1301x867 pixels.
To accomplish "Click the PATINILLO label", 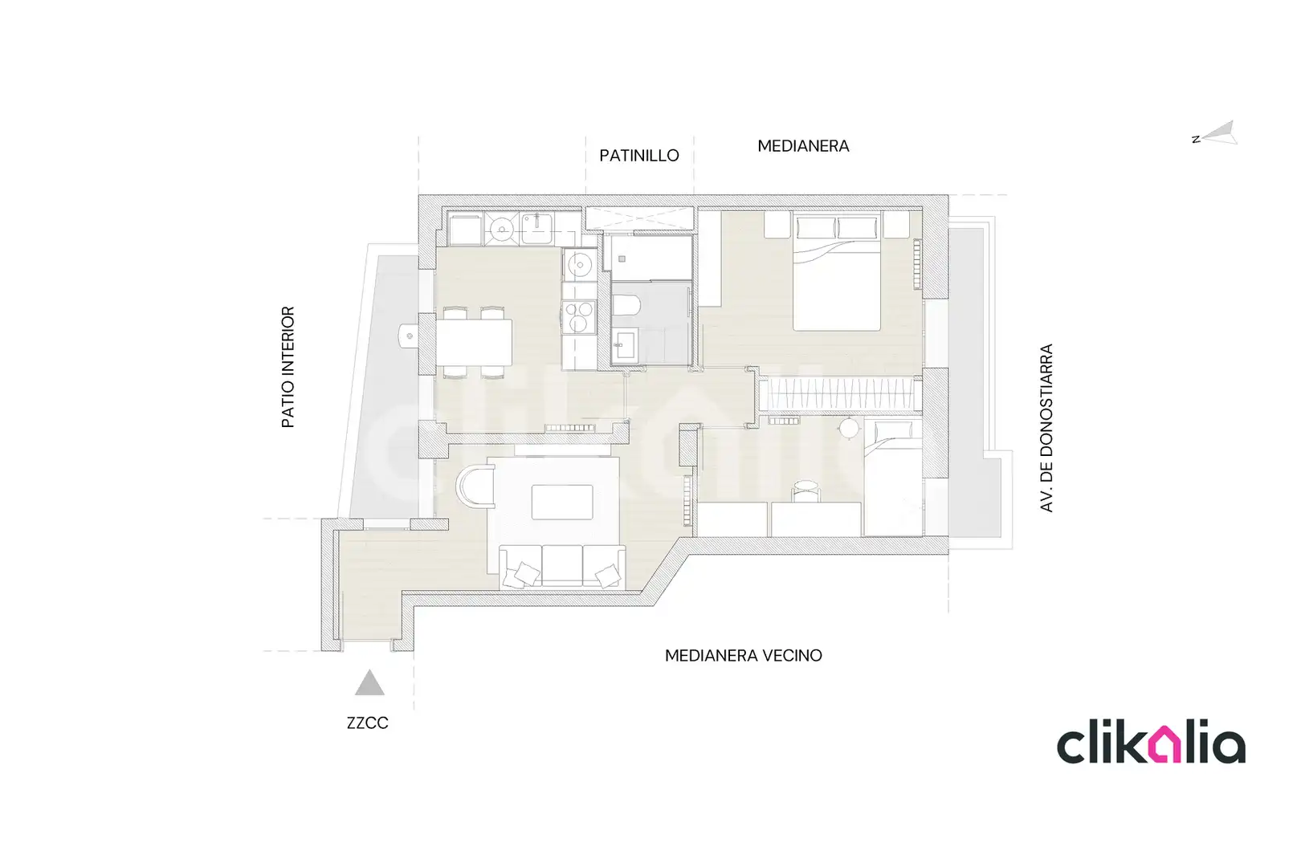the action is [639, 156].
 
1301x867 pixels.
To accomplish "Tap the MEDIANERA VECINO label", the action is [744, 656].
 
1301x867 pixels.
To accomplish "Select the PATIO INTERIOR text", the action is [288, 367].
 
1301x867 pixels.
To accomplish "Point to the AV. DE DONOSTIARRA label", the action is [1046, 428].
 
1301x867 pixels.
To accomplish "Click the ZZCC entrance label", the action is [367, 723].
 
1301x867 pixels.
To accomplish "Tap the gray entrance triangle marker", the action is [369, 683].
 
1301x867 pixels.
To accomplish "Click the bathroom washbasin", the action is [624, 345].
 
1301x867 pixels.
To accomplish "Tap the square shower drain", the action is [622, 259].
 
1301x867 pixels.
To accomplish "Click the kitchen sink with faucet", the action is [536, 228].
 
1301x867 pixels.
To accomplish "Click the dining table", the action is [474, 342].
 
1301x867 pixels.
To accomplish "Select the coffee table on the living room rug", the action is [562, 503].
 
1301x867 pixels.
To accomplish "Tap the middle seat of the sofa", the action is [562, 565].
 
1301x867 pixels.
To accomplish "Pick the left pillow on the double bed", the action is [816, 227].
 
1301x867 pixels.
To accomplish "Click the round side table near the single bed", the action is [849, 429].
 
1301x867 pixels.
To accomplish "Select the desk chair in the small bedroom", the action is [806, 490].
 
